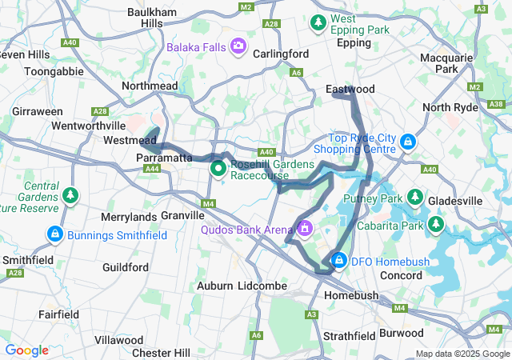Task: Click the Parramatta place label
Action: click(165, 158)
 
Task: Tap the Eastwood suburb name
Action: click(350, 89)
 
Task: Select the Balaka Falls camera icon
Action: click(238, 46)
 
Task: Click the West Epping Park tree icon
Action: click(318, 22)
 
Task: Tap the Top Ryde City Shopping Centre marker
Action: click(408, 142)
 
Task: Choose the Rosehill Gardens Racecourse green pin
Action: click(218, 169)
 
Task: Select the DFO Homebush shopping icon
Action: click(339, 261)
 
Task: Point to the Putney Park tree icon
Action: click(415, 197)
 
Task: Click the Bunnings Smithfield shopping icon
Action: click(55, 234)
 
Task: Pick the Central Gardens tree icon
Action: click(70, 194)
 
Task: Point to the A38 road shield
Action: click(496, 104)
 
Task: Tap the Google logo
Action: click(27, 350)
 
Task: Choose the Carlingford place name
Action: click(281, 54)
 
